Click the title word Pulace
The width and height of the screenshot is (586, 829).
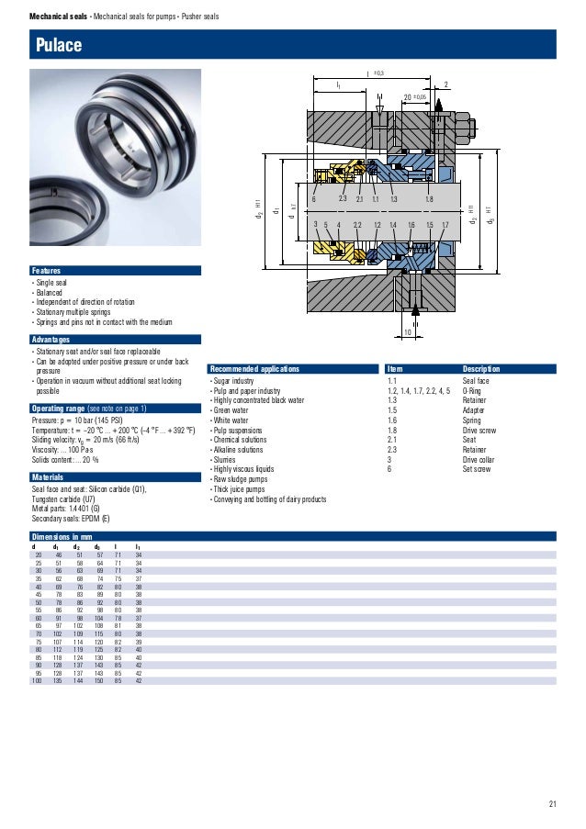point(59,45)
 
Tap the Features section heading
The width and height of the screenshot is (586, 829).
point(47,271)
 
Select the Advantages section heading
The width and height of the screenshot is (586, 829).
point(51,340)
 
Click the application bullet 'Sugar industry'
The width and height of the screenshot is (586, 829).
point(232,380)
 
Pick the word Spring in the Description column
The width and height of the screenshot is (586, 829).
point(473,420)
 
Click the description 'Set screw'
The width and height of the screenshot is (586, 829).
point(478,471)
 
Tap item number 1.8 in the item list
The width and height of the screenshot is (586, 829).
point(392,431)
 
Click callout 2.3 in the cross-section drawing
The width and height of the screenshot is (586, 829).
point(342,199)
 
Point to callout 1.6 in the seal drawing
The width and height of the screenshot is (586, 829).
point(411,225)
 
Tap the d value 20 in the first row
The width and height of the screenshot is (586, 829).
point(39,555)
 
